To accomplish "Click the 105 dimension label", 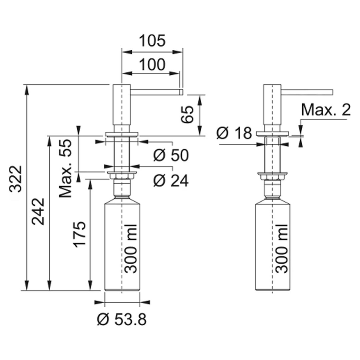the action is pyautogui.click(x=152, y=41).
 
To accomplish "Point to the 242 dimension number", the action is pyautogui.click(x=38, y=212).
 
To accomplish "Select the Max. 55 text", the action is pyautogui.click(x=65, y=168).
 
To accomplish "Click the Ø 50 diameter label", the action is pyautogui.click(x=171, y=155).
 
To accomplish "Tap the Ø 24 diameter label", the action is pyautogui.click(x=171, y=180).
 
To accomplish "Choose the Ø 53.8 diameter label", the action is pyautogui.click(x=122, y=319).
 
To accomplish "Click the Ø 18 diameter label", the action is pyautogui.click(x=234, y=133).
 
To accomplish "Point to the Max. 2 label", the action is pyautogui.click(x=326, y=110).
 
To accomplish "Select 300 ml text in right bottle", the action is pyautogui.click(x=282, y=249).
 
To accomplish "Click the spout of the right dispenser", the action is pyautogui.click(x=307, y=92).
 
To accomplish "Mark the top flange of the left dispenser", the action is pyautogui.click(x=122, y=134).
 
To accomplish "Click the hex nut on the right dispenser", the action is pyautogui.click(x=272, y=177).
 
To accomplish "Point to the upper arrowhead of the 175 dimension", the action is pyautogui.click(x=90, y=185).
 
